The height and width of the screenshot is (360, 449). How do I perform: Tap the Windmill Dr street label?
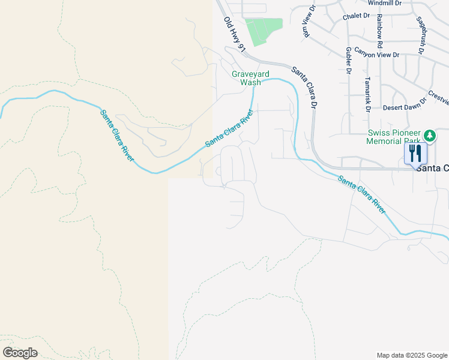[384, 3]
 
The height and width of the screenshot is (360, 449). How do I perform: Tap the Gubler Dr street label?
[348, 61]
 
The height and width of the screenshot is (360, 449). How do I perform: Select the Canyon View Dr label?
[376, 55]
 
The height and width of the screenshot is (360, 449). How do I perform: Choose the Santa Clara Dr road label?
[305, 86]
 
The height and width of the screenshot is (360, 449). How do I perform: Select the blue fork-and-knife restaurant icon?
[415, 153]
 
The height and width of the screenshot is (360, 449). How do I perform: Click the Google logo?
[20, 353]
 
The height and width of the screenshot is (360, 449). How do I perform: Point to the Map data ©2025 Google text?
[412, 355]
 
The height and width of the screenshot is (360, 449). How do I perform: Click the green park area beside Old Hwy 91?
[264, 31]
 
